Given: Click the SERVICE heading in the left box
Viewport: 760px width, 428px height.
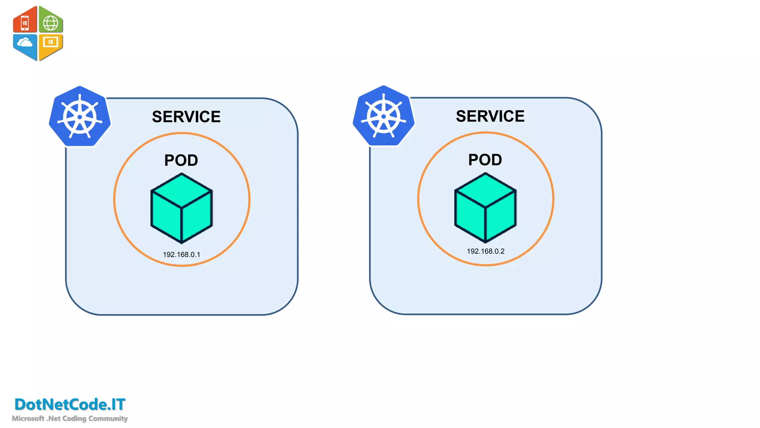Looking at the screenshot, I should point(186,117).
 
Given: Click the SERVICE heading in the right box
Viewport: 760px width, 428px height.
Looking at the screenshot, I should point(490,116).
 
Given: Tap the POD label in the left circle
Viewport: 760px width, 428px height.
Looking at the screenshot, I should point(181,160).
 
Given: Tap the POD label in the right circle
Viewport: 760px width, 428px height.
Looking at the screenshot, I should point(485,160).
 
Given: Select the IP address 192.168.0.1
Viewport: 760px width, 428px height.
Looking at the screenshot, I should point(181,254).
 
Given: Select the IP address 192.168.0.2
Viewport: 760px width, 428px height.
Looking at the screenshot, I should point(485,251).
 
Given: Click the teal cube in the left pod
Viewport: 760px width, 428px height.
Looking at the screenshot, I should point(181,208).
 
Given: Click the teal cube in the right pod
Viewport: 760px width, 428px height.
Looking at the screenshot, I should point(485,208).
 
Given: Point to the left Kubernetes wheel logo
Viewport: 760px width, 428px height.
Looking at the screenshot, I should point(80,117).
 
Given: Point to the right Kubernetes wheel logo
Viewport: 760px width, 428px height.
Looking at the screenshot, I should point(384,116).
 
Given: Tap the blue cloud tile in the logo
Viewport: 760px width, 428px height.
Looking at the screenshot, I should point(25,45).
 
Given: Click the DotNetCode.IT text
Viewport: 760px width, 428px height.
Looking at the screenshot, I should point(70,405).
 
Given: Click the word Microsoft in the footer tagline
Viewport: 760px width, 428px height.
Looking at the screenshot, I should point(28,418).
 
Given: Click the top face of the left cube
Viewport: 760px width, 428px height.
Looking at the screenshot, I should point(181,190).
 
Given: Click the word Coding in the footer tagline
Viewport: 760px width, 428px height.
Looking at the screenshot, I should point(74,418).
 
